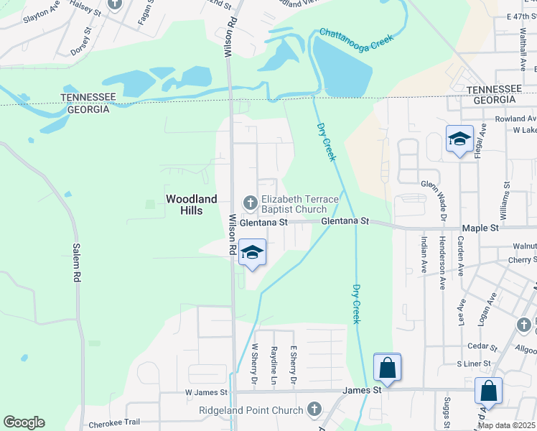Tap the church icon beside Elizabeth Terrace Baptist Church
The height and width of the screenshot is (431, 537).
[x=250, y=201]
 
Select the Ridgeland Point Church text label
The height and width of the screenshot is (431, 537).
[x=251, y=411]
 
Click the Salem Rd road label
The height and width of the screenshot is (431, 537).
[x=75, y=262]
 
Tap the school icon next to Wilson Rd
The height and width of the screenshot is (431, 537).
[x=252, y=254]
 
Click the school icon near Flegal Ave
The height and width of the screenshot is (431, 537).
[x=459, y=139]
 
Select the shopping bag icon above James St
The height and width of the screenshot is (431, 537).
[x=387, y=369]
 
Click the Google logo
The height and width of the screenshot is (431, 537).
[x=24, y=422]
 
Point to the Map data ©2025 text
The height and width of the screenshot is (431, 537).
[x=506, y=425]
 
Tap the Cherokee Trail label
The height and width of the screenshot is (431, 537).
[x=114, y=425]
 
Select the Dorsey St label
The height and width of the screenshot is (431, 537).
[x=81, y=41]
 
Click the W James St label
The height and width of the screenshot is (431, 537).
[x=206, y=393]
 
